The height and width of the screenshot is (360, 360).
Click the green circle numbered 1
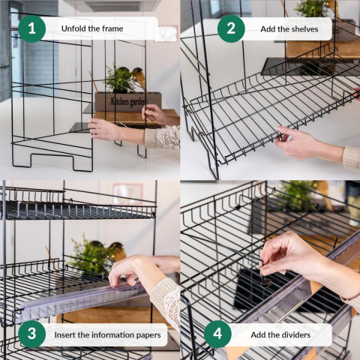(32, 28)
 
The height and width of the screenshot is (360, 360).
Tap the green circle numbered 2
(231, 28)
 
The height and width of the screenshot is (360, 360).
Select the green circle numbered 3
(32, 334)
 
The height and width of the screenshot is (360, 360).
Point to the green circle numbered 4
(217, 334)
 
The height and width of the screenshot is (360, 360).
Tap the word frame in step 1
(112, 28)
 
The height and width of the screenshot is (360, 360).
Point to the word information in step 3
(109, 334)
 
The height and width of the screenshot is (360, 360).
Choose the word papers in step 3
(145, 335)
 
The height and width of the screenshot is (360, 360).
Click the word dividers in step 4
(295, 334)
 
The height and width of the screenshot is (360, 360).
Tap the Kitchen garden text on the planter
(127, 101)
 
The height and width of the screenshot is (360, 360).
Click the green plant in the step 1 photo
(119, 79)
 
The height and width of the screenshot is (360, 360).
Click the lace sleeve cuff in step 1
(163, 138)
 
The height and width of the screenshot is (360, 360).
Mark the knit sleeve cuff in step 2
(351, 159)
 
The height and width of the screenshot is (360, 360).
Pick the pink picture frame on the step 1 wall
(166, 34)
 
